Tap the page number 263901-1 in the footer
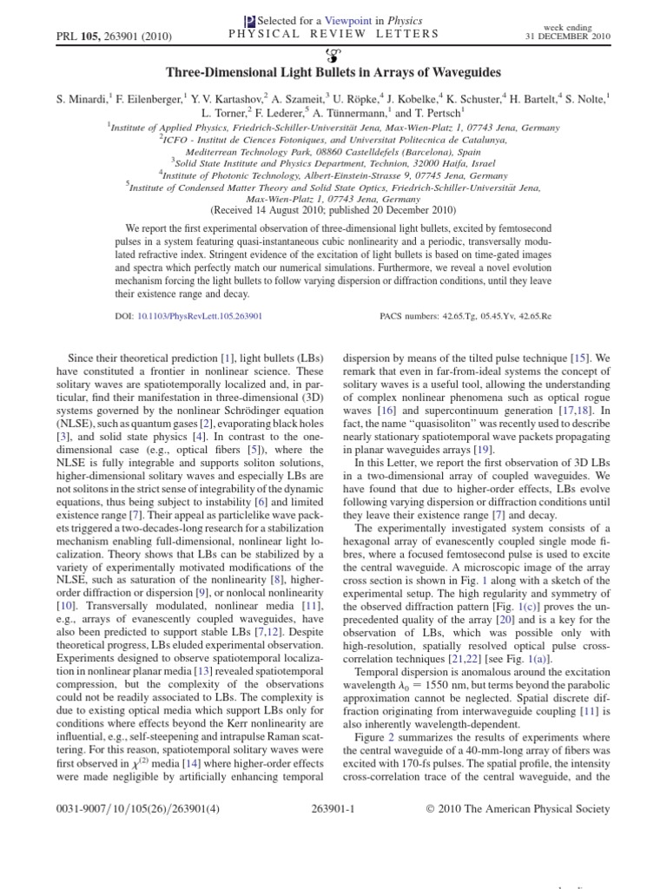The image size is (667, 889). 333,809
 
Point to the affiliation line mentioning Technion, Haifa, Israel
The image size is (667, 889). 333,161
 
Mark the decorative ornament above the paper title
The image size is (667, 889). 334,52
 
